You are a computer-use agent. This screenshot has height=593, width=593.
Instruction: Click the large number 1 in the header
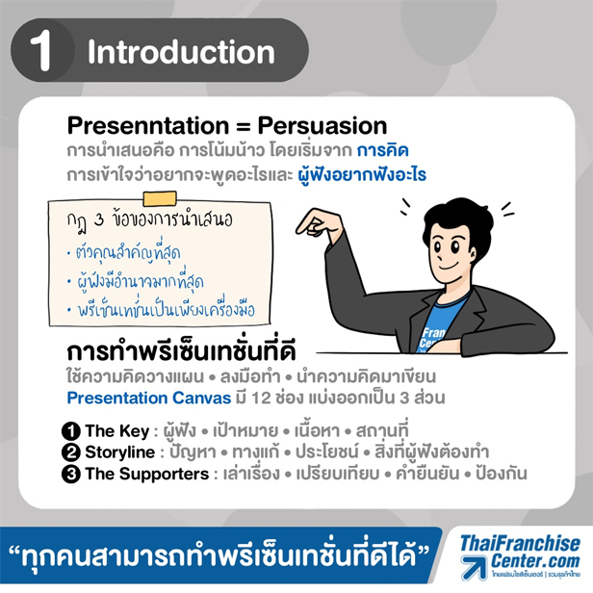point(40,51)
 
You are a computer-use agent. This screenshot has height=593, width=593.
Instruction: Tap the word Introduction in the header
point(181,52)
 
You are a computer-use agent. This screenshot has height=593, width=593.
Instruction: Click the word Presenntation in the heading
point(148,125)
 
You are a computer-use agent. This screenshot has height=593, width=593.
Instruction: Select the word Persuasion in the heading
point(322,125)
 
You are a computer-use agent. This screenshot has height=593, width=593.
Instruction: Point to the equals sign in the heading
point(244,126)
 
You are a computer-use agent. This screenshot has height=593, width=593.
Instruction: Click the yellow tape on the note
point(160,199)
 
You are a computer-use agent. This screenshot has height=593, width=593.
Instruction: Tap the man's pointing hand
point(320,224)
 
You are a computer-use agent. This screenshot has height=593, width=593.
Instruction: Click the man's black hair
point(458,219)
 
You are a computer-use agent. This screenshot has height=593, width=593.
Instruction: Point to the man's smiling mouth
point(449,267)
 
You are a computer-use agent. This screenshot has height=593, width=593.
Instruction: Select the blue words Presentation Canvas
point(149,399)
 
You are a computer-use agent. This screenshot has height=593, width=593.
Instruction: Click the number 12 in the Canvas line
point(261,399)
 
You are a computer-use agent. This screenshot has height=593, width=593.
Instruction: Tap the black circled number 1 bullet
point(71,431)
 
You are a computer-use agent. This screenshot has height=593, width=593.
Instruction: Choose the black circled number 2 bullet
point(71,452)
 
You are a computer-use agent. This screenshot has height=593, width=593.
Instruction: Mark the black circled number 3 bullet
point(71,475)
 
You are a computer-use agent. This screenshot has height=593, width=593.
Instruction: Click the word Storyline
point(120,452)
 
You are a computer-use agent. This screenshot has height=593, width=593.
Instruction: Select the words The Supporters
point(147,475)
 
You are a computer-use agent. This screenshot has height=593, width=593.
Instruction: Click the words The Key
point(117,431)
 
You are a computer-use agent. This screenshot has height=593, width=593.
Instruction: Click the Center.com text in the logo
point(535,560)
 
